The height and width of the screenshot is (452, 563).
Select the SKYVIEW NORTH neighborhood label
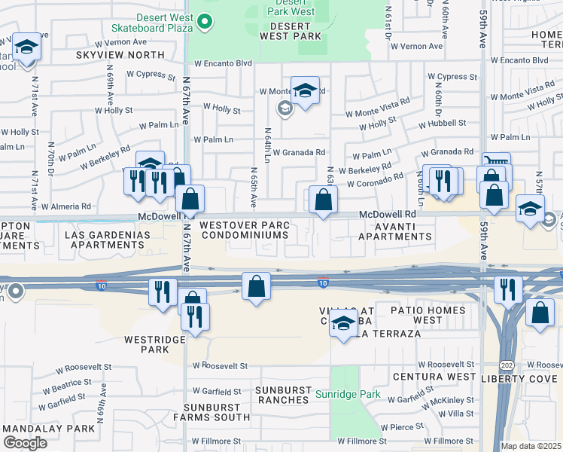click(x=120, y=55)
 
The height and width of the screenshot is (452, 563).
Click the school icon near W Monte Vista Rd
click(x=305, y=91)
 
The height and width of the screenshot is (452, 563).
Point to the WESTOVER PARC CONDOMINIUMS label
click(x=243, y=230)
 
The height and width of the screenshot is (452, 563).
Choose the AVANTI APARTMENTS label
click(x=394, y=231)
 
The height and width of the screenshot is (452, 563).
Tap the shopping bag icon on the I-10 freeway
click(x=256, y=286)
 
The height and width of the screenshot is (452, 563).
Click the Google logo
click(x=25, y=442)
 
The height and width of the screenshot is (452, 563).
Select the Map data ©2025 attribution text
click(x=531, y=446)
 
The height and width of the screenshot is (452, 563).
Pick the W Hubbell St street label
click(x=442, y=123)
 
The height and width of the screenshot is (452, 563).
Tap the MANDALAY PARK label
click(x=38, y=428)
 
